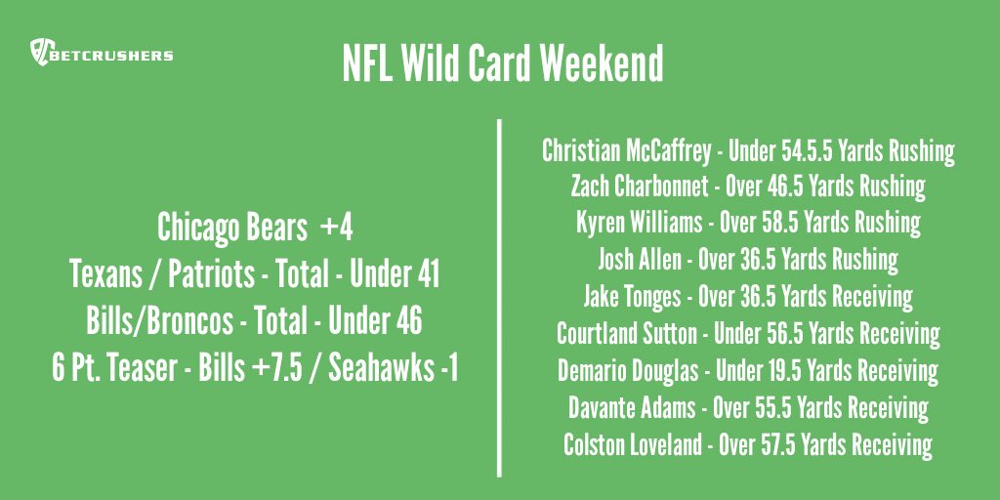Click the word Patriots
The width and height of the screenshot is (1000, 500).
coord(208,275)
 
